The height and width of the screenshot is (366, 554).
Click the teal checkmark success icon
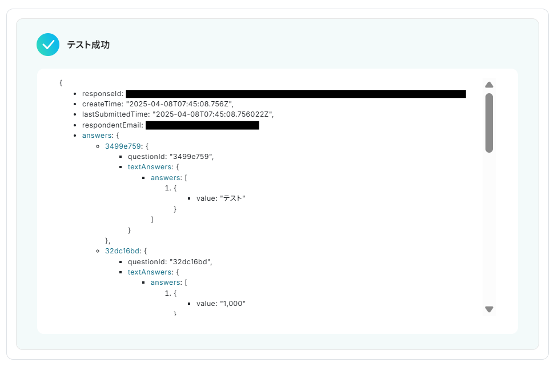coord(48,45)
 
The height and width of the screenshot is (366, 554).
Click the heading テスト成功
coord(88,45)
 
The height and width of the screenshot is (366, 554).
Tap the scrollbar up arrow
coord(489,85)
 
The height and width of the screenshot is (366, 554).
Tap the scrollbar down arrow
coord(489,309)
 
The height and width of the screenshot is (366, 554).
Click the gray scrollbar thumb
coord(489,122)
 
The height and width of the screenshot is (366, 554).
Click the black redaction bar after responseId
coord(296,94)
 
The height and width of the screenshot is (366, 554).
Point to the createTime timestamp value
coord(179,104)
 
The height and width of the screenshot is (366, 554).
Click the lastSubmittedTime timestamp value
coord(213,114)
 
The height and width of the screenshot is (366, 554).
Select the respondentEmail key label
coord(111,125)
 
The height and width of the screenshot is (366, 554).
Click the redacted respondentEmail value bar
coord(202,125)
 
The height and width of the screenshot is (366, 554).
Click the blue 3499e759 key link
coord(123,146)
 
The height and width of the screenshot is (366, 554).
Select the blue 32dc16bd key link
coord(123,251)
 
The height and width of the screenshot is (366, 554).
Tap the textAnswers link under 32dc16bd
coord(150,272)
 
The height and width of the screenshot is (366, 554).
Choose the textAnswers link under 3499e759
coord(150,167)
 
